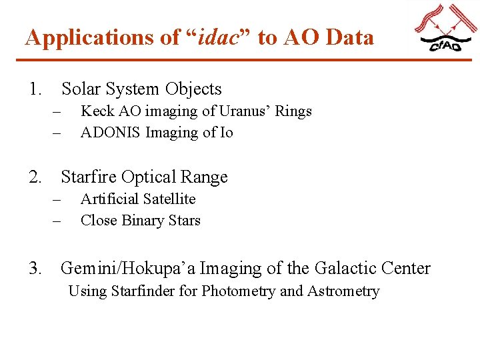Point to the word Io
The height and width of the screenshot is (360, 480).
point(227,133)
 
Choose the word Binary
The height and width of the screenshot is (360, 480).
point(145,221)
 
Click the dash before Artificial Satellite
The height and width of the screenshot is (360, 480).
point(57,199)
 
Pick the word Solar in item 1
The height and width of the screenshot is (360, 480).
point(82,89)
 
